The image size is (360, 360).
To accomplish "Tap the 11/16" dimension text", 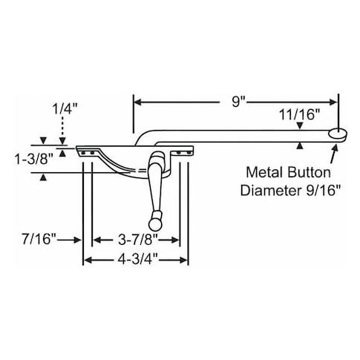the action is (x=300, y=115).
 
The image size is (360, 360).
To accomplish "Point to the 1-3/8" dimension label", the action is (x=34, y=160).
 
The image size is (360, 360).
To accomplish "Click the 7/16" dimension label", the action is (x=39, y=239).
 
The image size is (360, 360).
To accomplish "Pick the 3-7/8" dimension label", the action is (x=138, y=240).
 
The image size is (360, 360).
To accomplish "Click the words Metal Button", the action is (x=289, y=173).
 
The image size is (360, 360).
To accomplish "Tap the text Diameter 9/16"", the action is (x=290, y=191).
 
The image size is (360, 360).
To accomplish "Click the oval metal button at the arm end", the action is (x=338, y=134).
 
